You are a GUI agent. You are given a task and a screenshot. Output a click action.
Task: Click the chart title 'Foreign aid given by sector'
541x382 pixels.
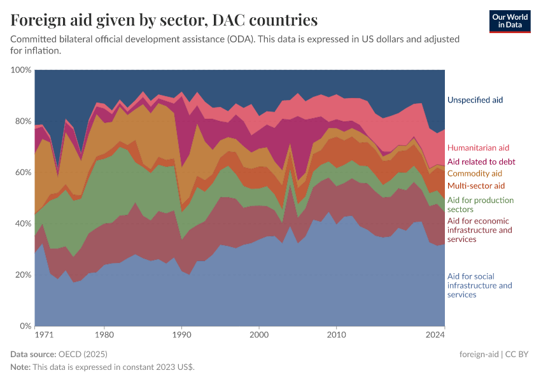164,20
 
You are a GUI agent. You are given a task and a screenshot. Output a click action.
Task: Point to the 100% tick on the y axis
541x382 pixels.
22,69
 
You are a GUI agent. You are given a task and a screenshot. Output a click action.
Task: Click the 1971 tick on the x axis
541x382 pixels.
43,334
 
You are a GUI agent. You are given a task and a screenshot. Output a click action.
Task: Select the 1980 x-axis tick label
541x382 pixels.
104,334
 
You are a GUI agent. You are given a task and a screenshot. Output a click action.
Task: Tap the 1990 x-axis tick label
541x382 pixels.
182,334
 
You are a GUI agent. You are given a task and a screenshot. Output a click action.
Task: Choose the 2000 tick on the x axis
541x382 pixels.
259,334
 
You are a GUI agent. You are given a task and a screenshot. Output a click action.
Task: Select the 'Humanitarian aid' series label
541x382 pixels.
478,148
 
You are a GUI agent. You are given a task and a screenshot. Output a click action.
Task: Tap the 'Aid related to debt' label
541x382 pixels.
481,162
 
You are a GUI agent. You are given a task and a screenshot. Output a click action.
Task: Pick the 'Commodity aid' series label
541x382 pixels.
475,173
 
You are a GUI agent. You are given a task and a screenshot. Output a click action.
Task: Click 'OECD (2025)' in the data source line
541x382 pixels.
82,353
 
